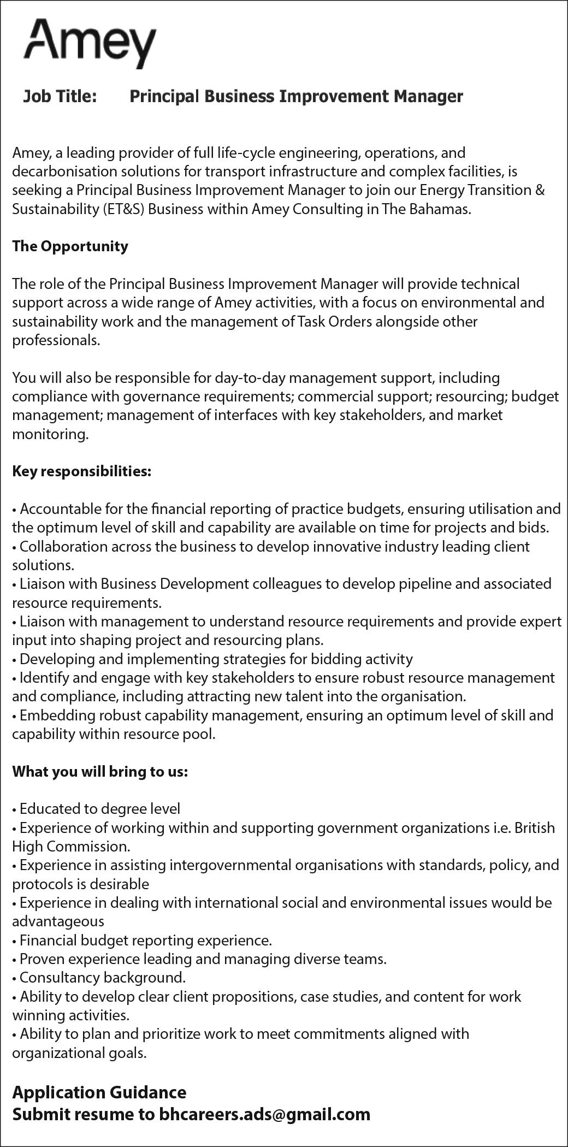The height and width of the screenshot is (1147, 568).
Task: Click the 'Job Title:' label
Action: (60, 97)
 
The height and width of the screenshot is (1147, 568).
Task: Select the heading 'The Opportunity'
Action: (70, 246)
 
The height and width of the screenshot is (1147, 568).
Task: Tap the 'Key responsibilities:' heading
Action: (81, 471)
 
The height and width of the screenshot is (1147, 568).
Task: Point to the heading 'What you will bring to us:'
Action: (100, 772)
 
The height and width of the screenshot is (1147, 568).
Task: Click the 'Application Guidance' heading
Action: (99, 1092)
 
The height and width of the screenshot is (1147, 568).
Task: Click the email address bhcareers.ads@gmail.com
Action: (264, 1114)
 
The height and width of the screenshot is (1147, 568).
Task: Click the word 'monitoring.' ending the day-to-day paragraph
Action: (50, 435)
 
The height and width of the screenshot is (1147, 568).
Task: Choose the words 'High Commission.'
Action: (72, 847)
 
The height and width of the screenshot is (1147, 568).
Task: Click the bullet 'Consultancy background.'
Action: (102, 977)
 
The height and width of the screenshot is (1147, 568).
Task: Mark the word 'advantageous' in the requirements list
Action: (58, 921)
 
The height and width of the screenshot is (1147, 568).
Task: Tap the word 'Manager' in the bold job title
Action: (428, 97)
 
